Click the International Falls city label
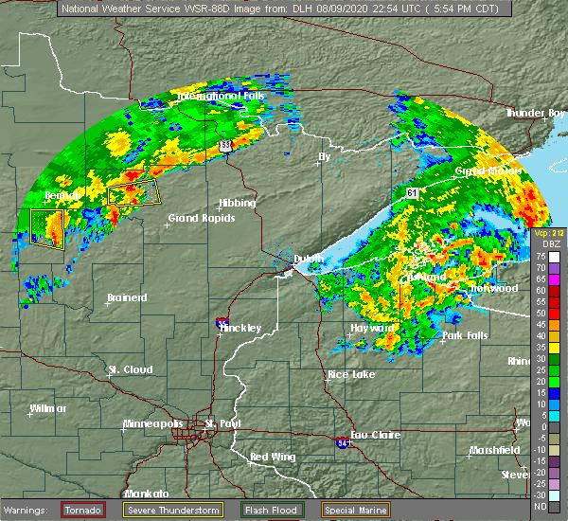pyautogui.click(x=222, y=97)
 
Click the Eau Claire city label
pyautogui.click(x=373, y=435)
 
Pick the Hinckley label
pyautogui.click(x=240, y=328)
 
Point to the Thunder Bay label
pyautogui.click(x=536, y=113)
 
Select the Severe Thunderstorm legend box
pyautogui.click(x=172, y=510)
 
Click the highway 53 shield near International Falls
pyautogui.click(x=224, y=145)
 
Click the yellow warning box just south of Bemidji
pyautogui.click(x=47, y=227)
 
